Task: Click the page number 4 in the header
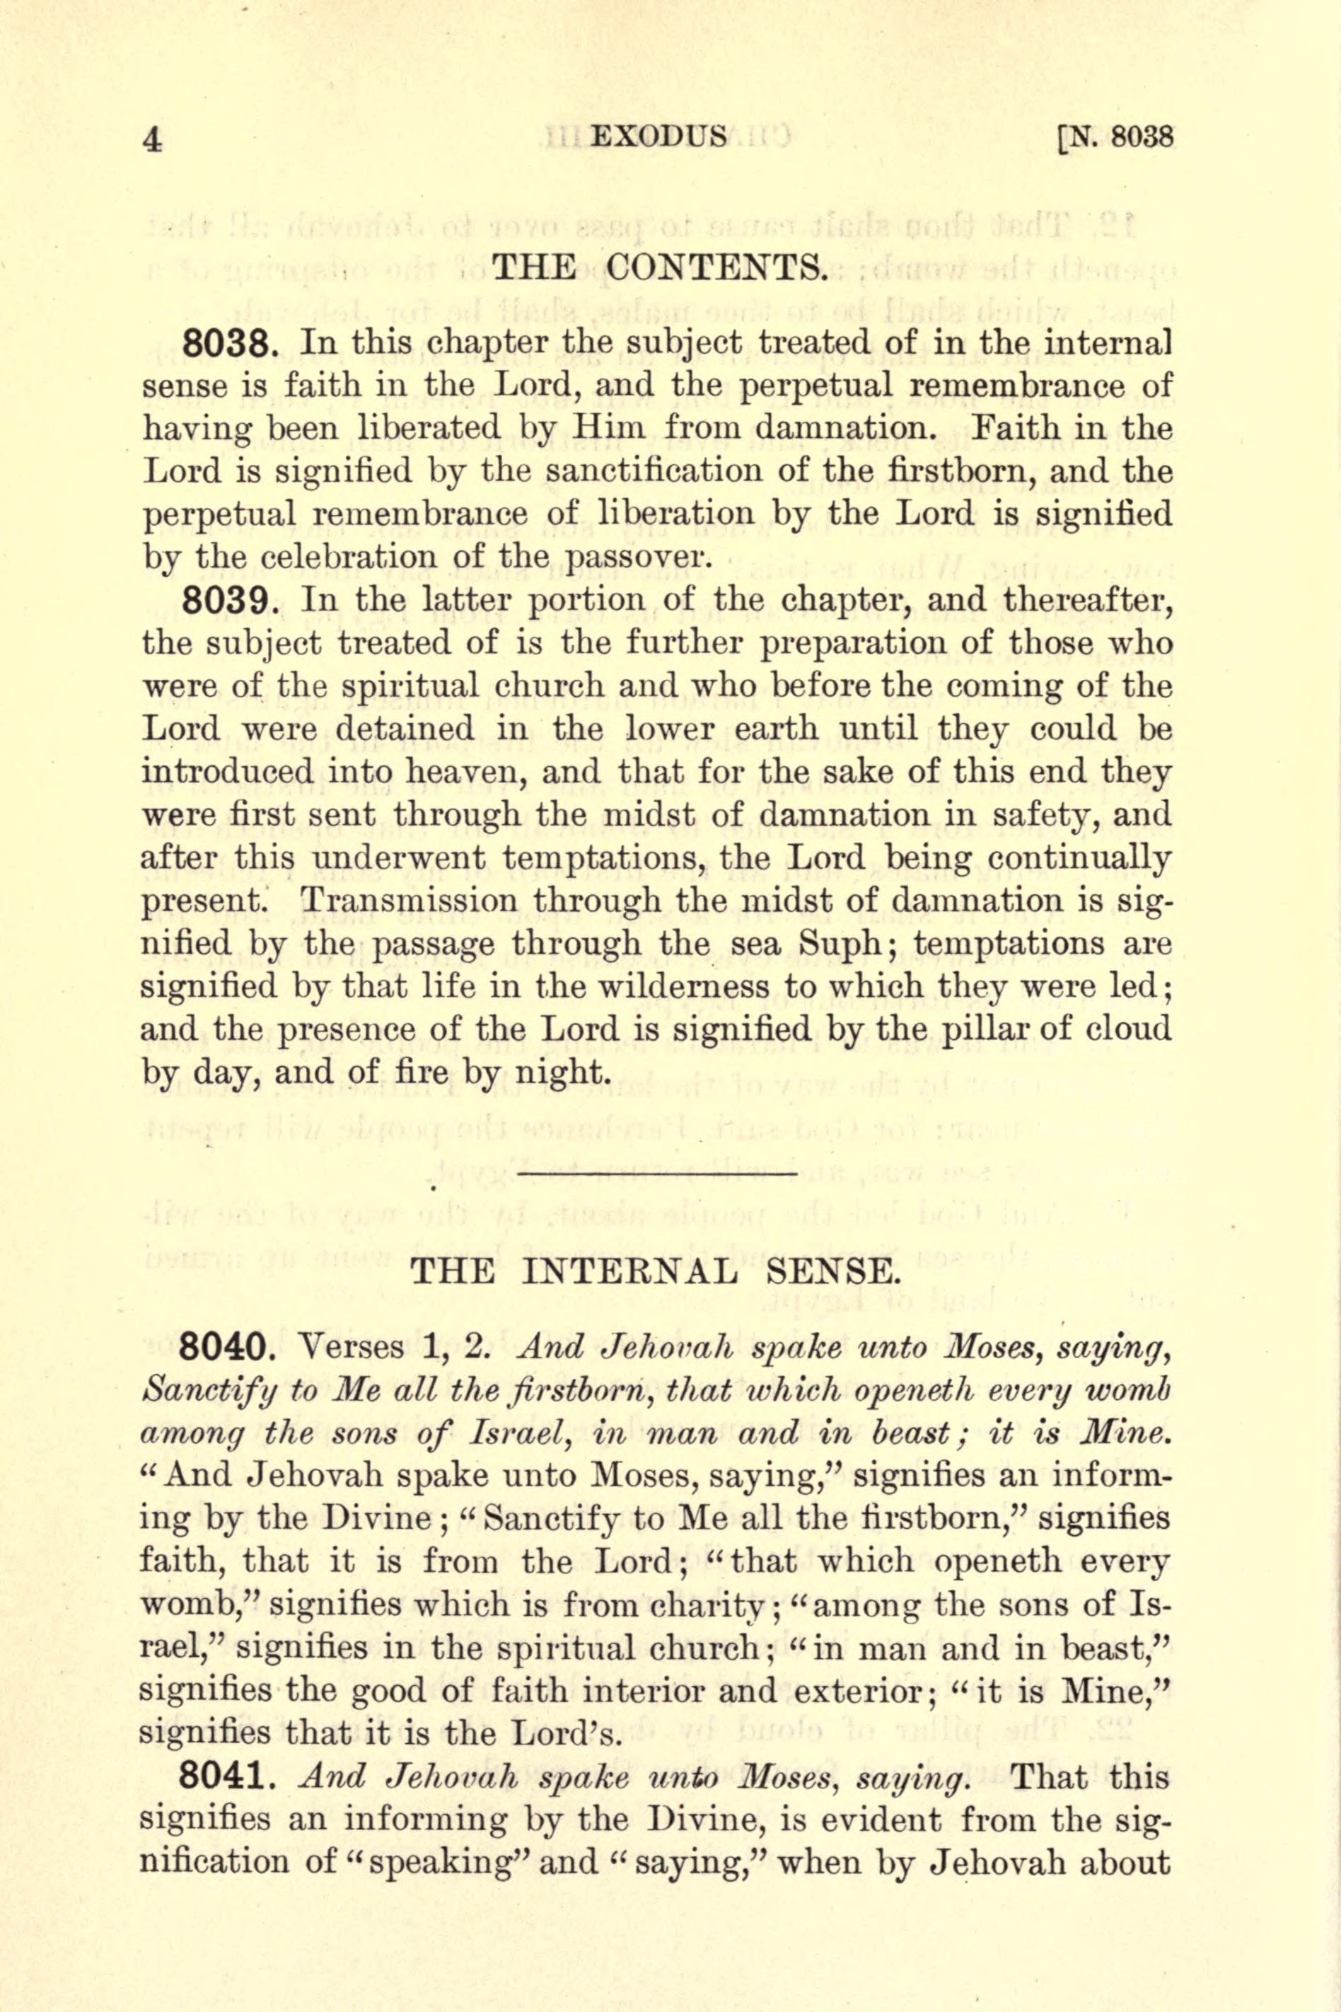(152, 139)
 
